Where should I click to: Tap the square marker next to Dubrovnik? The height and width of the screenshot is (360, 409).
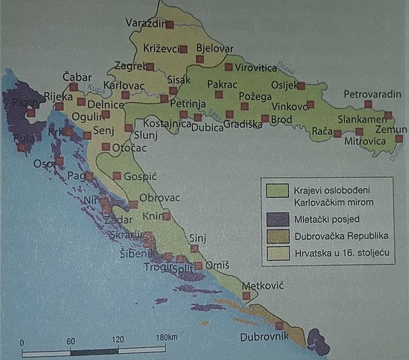pos(279,325)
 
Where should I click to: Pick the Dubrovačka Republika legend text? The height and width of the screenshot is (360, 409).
pos(315,237)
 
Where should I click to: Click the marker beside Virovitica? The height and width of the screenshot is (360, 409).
pos(228,67)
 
